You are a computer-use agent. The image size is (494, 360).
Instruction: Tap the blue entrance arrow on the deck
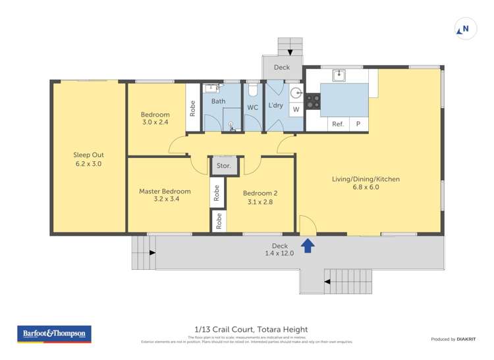coord(308,245)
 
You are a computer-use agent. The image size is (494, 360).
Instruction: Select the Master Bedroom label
coord(165,192)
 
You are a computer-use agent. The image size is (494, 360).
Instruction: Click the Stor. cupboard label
coord(224,166)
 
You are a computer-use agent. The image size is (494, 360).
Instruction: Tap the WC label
coord(252,107)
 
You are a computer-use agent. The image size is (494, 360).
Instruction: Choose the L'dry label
coord(275,106)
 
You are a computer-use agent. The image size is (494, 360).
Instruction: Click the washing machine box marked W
coord(296,109)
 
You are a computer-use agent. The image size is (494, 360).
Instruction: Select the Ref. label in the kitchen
coord(338,124)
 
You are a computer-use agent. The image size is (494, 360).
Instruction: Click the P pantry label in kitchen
coord(358,124)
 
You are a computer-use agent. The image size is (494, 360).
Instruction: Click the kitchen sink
coord(339,76)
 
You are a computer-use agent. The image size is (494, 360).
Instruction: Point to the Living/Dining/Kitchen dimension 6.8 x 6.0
coord(365,187)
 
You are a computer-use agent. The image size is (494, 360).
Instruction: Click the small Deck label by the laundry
coord(282,67)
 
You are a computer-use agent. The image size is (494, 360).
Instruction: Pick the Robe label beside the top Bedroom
coord(192,107)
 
